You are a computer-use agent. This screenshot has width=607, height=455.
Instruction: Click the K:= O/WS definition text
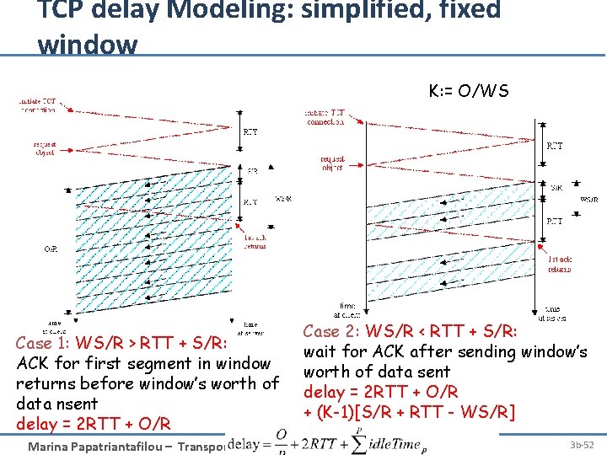469,90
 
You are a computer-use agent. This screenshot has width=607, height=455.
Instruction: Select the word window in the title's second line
87,44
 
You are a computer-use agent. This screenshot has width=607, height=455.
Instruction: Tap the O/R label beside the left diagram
51,249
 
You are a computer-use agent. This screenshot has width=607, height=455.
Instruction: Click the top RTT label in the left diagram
250,132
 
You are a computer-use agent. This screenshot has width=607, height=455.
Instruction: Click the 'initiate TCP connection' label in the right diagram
325,117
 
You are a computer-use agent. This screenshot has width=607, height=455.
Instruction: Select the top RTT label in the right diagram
555,146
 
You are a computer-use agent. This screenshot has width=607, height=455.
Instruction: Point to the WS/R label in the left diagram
284,200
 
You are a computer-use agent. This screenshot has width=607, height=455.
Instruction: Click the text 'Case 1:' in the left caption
45,344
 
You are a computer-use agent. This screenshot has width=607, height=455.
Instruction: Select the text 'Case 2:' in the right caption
333,332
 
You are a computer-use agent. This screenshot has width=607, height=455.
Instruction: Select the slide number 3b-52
581,444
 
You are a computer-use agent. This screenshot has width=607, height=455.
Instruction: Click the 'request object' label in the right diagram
332,163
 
